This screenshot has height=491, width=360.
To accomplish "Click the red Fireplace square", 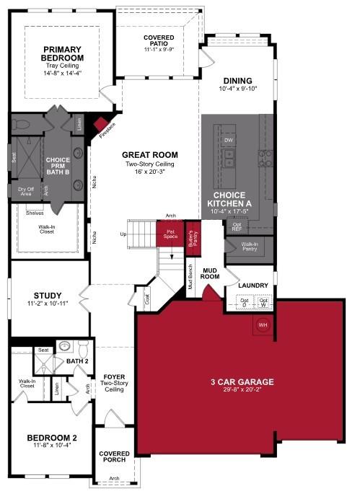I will [x=101, y=125].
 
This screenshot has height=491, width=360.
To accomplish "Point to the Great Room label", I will [x=149, y=155].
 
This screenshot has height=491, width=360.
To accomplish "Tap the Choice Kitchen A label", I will [x=229, y=200].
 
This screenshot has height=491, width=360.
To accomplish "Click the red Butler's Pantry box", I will [x=193, y=235].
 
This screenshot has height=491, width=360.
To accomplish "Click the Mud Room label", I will [x=209, y=273].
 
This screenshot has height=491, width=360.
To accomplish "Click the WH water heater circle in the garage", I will [x=262, y=325].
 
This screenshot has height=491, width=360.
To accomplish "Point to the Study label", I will [x=48, y=295].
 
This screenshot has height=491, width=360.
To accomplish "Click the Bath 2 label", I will [x=77, y=360].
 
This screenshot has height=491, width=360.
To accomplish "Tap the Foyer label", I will [x=115, y=377].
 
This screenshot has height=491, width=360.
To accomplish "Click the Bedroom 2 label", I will [x=51, y=438].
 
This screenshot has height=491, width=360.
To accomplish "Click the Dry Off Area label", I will [x=25, y=190].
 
